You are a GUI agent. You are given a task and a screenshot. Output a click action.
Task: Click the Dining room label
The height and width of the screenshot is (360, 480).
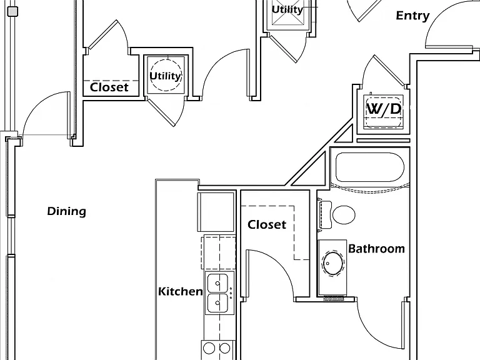(66, 211)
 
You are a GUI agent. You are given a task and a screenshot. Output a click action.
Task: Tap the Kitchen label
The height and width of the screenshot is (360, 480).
(180, 291)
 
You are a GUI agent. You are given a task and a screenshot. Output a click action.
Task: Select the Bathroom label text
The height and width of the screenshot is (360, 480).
(376, 249)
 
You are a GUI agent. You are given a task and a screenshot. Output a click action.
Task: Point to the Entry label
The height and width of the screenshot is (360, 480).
(412, 16)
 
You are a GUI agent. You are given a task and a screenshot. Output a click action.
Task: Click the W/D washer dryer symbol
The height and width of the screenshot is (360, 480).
(383, 111)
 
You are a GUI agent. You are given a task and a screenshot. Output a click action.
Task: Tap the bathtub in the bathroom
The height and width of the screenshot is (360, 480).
(370, 167)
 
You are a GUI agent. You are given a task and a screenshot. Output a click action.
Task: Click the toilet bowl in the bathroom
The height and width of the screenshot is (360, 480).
(344, 214)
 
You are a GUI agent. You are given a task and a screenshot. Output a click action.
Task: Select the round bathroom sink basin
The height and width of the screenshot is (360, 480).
(332, 263)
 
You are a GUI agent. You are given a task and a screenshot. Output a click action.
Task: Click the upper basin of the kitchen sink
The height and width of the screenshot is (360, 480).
(217, 283)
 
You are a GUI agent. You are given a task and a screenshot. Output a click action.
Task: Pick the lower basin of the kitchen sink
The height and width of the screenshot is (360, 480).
(217, 302)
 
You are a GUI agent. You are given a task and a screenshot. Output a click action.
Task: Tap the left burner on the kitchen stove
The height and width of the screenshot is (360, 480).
(209, 348)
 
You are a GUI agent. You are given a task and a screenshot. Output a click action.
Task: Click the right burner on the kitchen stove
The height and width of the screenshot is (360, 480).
(225, 348)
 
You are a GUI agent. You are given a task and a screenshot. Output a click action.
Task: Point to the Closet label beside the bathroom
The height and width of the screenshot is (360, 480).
(267, 225)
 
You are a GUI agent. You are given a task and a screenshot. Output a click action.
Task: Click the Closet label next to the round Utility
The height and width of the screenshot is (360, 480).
(109, 87)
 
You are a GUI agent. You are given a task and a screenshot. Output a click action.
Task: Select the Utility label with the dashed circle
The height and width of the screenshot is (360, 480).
(165, 76)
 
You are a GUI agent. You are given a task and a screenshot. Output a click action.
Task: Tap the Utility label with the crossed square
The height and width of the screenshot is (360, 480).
(287, 9)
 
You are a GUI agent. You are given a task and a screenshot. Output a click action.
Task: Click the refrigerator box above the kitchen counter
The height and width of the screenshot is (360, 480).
(216, 212)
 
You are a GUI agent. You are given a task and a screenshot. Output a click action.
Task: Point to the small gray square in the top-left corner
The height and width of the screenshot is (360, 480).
(12, 12)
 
